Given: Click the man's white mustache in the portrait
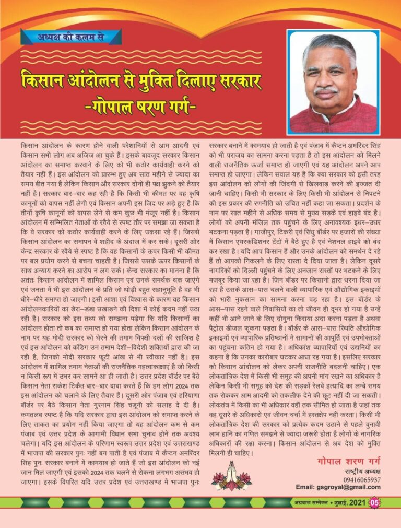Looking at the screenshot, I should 326,91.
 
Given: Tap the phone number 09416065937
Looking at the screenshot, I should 362,479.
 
